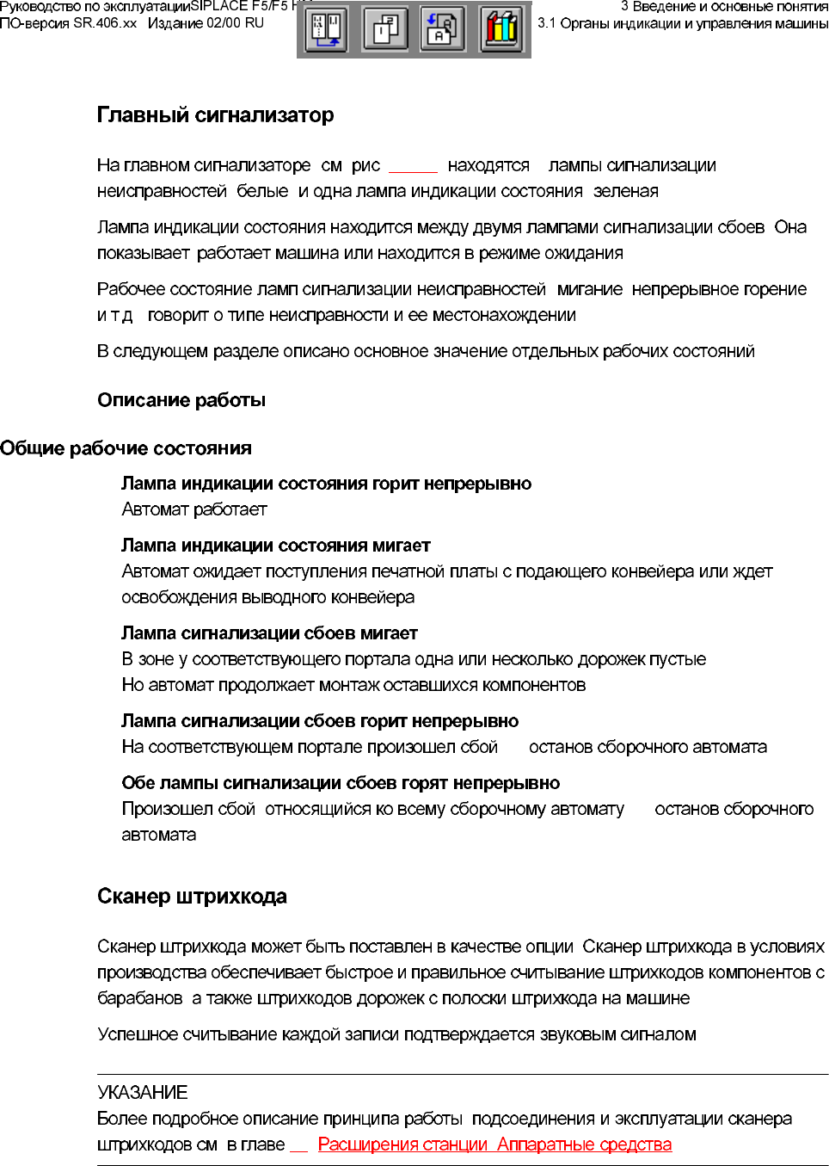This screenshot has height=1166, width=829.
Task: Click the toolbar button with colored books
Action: [501, 29]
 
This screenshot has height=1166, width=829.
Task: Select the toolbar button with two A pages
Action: [443, 29]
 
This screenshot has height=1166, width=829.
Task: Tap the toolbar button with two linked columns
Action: [327, 29]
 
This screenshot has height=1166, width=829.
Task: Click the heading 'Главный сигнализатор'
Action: [215, 115]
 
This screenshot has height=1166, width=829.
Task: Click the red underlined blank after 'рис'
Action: [413, 167]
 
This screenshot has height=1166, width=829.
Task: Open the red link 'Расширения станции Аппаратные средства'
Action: [494, 1144]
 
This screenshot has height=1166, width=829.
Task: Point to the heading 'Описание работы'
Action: [181, 400]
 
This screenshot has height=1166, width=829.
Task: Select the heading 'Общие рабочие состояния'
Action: [126, 448]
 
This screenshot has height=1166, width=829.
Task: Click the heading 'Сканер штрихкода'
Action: [192, 897]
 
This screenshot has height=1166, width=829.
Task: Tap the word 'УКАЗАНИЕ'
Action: [143, 1093]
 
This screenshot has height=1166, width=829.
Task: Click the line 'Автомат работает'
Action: [194, 509]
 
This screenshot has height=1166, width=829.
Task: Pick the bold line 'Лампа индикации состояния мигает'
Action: [276, 546]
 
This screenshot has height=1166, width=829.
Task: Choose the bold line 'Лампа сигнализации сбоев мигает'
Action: [269, 633]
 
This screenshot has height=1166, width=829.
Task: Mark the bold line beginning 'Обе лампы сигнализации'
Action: [341, 783]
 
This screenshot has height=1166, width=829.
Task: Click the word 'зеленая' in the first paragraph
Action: [626, 191]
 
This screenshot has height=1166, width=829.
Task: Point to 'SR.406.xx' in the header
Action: [105, 23]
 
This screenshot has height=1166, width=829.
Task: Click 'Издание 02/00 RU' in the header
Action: [206, 23]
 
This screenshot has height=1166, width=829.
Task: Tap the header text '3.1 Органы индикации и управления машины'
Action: [683, 23]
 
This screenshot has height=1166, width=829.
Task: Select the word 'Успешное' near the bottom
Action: [136, 1034]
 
